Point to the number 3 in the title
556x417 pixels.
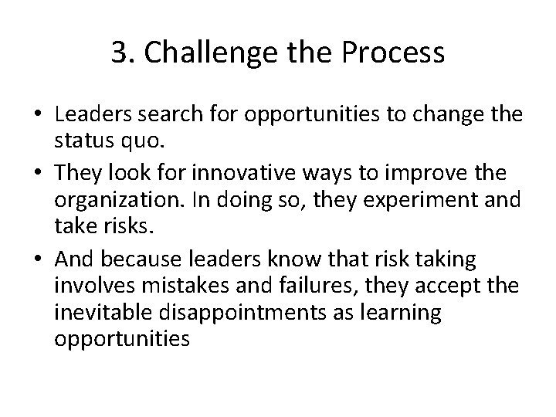(118, 53)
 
